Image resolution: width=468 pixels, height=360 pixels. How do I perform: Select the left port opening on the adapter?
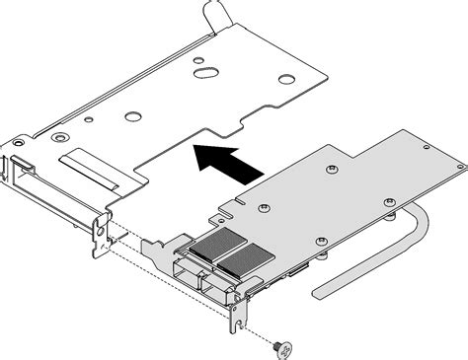coord(189,273)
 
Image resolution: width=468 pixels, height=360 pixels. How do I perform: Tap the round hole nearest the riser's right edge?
coord(285,79)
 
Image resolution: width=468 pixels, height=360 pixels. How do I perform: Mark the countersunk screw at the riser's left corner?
coord(60,137)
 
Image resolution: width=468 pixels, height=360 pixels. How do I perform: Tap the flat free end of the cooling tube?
coord(326,292)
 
